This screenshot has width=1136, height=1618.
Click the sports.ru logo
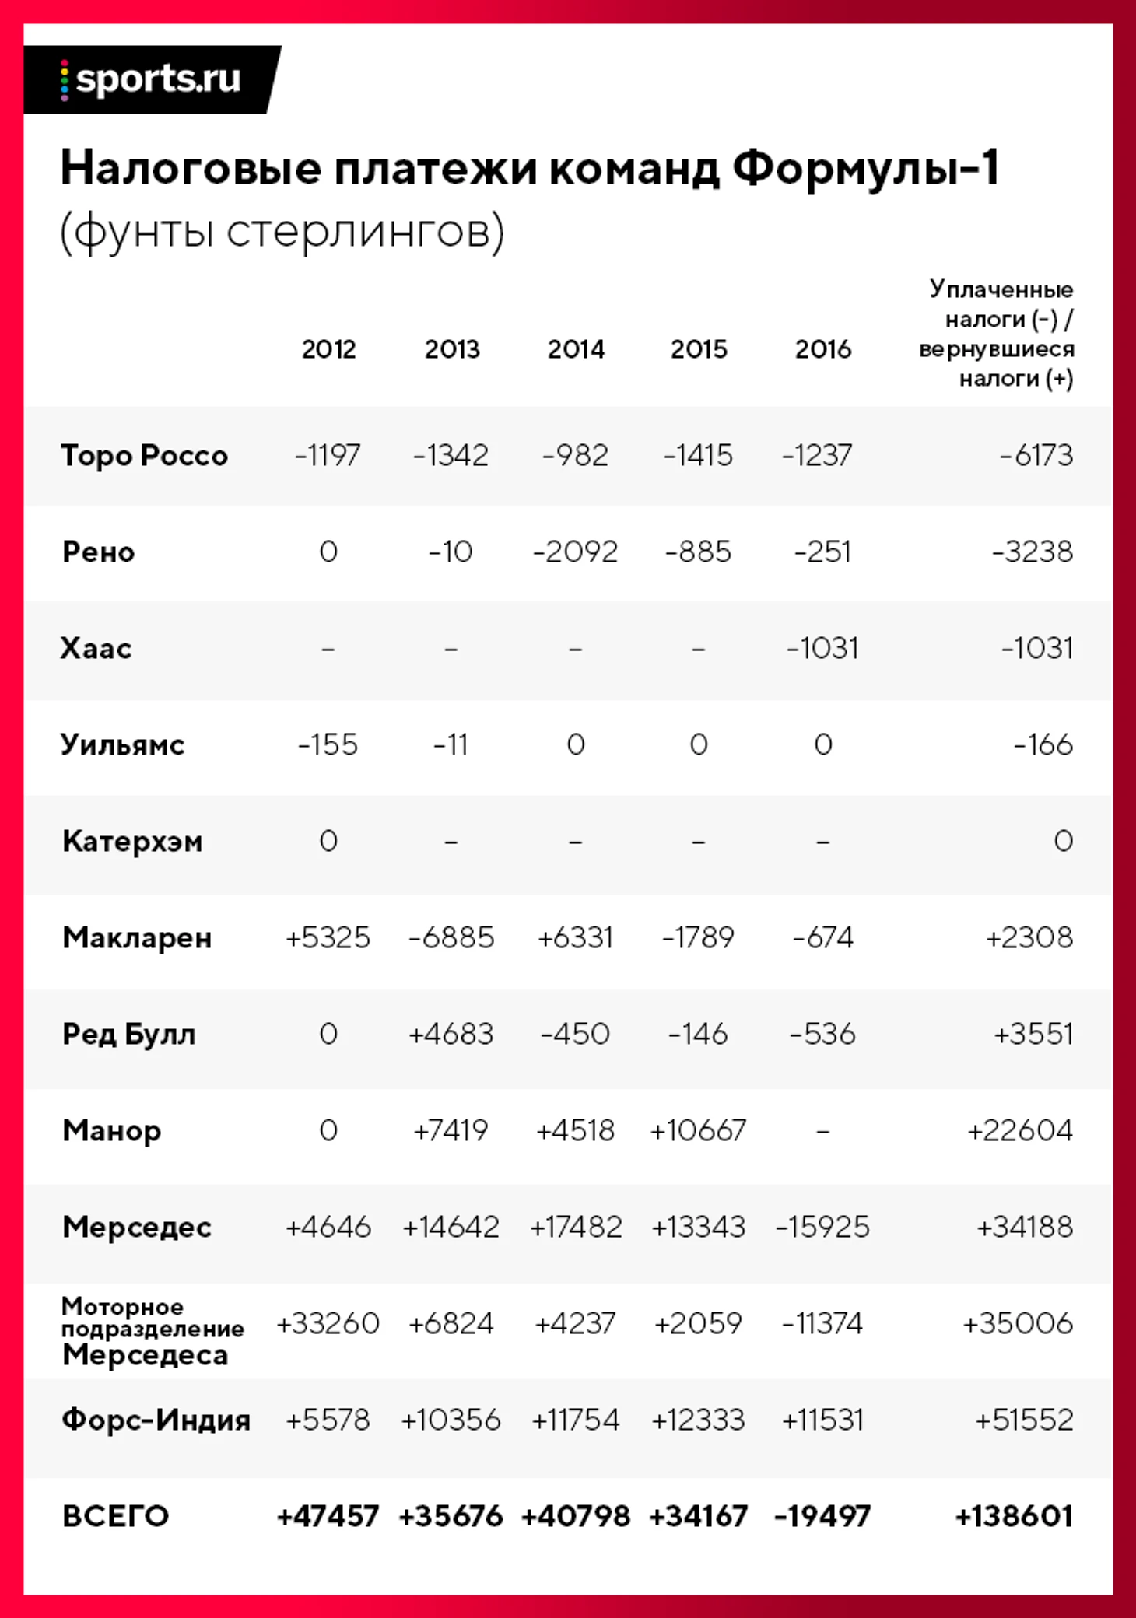[x=152, y=79]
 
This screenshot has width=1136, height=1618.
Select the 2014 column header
[x=576, y=349]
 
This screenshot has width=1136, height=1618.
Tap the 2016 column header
[x=822, y=349]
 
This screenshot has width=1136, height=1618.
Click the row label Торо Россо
[x=144, y=455]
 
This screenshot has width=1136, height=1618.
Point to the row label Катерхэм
[x=132, y=841]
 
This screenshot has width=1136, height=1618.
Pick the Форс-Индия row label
[x=156, y=1420]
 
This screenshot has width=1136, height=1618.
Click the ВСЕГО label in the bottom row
[x=115, y=1516]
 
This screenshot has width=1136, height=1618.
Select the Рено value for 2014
[x=575, y=552]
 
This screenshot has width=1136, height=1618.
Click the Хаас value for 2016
[x=822, y=648]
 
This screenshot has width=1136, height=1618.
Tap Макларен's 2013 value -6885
[x=451, y=937]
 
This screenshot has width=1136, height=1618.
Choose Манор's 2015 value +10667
[x=698, y=1130]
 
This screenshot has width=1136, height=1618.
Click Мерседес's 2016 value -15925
[x=822, y=1227]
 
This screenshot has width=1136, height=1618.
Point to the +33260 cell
[x=328, y=1323]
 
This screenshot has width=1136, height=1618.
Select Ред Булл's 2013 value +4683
[x=451, y=1034]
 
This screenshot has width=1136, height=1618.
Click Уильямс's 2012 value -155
[x=328, y=744]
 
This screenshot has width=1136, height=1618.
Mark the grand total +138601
[x=1014, y=1516]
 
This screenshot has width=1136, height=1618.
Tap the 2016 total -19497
[x=822, y=1516]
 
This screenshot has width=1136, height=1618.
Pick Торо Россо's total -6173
[x=1036, y=455]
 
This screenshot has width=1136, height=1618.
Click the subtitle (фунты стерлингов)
[x=282, y=231]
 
